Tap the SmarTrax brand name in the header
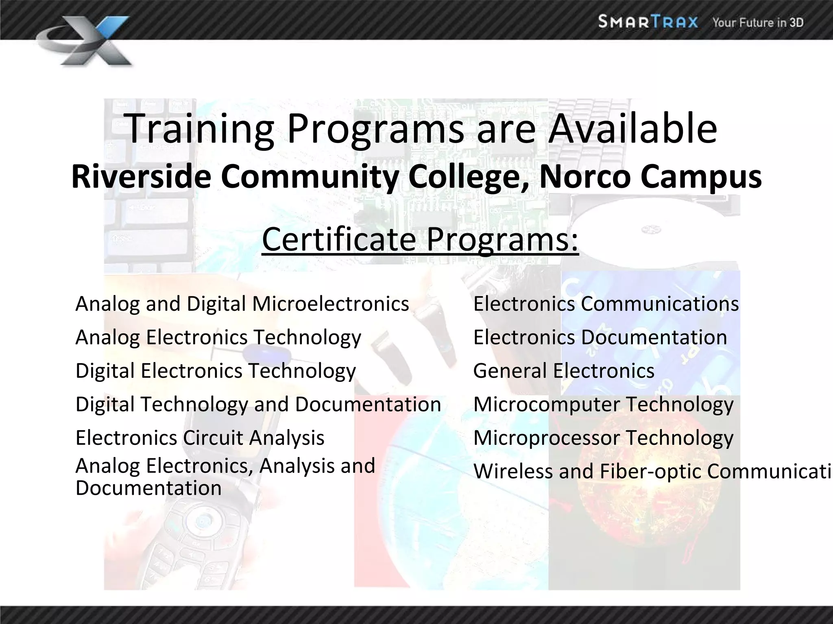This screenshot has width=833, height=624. pyautogui.click(x=648, y=22)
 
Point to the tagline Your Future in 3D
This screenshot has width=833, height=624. pyautogui.click(x=757, y=22)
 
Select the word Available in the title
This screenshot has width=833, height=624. pyautogui.click(x=632, y=128)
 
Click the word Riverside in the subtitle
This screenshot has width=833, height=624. pyautogui.click(x=141, y=177)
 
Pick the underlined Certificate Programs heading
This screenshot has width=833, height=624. pyautogui.click(x=420, y=240)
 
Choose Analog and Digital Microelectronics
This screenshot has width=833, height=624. pyautogui.click(x=242, y=304)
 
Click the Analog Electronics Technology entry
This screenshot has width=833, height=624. pyautogui.click(x=218, y=338)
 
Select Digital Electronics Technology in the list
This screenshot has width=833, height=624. pyautogui.click(x=216, y=371)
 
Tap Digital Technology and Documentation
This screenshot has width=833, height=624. pyautogui.click(x=258, y=405)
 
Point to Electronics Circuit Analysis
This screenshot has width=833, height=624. pyautogui.click(x=200, y=438)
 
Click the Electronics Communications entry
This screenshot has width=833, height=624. pyautogui.click(x=606, y=304)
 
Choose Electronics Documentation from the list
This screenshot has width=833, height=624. pyautogui.click(x=600, y=338)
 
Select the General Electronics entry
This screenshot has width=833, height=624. pyautogui.click(x=564, y=371)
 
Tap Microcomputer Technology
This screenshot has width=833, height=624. pyautogui.click(x=603, y=405)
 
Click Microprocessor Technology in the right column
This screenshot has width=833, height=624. pyautogui.click(x=603, y=438)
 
